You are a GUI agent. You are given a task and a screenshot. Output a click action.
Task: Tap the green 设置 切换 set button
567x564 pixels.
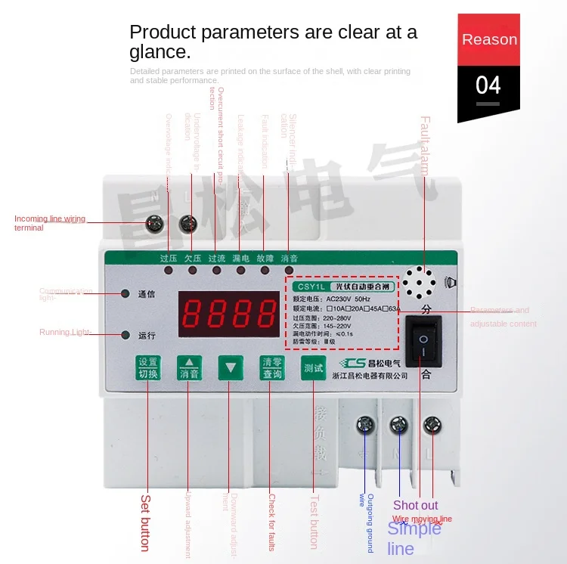148,368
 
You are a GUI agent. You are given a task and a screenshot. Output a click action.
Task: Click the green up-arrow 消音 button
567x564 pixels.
189,368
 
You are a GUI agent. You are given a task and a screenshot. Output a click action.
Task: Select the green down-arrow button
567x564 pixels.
230,368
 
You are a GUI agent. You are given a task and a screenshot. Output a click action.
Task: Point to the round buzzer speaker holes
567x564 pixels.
418,282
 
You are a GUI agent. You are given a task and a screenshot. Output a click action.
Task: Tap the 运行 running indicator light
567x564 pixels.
125,335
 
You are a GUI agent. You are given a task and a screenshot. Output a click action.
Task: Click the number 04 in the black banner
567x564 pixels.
488,85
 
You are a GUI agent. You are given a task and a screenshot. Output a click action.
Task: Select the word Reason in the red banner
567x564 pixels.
489,39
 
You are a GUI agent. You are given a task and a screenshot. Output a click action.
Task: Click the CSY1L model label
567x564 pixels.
310,287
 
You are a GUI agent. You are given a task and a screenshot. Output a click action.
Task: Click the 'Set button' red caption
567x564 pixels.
145,522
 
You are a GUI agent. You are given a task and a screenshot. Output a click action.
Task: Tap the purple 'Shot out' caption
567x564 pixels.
415,505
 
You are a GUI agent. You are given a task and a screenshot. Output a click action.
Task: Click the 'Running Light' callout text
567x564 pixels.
64,333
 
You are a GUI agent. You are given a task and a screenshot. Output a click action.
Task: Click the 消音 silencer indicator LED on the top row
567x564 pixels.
289,269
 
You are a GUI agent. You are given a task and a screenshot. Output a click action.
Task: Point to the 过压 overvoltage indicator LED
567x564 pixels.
168,269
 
